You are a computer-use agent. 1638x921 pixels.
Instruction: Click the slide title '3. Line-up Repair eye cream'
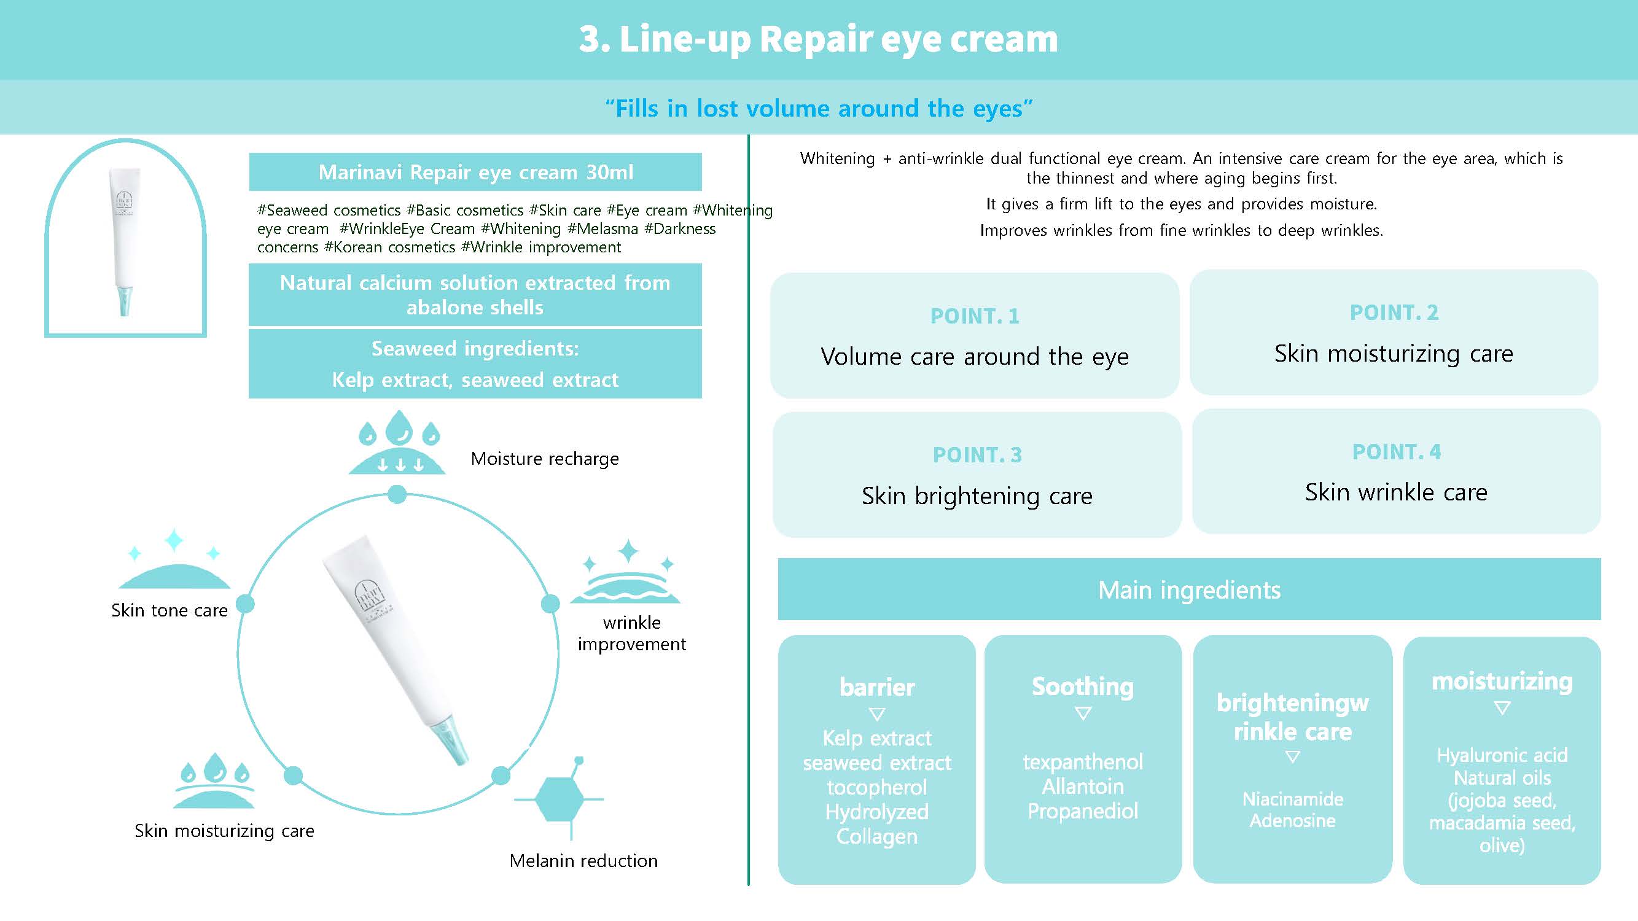pos(818,39)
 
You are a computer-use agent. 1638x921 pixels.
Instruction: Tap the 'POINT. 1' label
pos(974,316)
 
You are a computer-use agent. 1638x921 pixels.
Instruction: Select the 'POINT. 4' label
pos(1397,452)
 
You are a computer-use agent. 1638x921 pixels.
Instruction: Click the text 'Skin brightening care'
pos(977,495)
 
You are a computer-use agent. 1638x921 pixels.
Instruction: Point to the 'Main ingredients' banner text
pos(1189,591)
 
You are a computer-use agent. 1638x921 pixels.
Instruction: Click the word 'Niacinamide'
pos(1293,799)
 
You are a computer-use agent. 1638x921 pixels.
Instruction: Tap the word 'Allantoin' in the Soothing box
pos(1082,787)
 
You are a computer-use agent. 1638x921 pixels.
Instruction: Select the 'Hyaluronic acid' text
pos(1502,755)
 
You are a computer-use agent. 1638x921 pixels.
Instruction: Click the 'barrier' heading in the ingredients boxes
pos(877,688)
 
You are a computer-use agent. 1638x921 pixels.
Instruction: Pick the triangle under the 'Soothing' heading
pos(1083,714)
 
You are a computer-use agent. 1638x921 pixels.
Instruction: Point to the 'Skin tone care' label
pos(169,610)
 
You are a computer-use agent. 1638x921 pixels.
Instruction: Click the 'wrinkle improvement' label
pos(631,633)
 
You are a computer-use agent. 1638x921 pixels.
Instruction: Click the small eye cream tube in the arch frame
pos(125,241)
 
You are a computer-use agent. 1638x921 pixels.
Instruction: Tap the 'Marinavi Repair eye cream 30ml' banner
pos(475,173)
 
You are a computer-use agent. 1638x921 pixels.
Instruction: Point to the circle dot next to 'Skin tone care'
pos(246,604)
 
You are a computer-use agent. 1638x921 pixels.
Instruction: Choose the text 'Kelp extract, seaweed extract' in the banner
pos(475,380)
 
